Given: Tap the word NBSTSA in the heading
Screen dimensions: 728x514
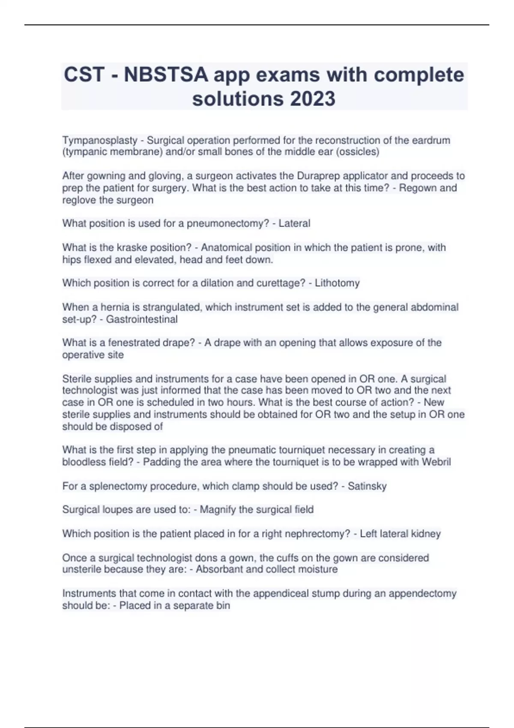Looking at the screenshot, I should (x=166, y=75).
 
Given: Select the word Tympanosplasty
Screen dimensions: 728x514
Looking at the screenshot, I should (x=100, y=140).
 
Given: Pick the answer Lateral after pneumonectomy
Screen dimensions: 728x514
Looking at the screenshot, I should (x=294, y=224).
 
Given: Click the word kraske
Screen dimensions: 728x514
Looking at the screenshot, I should (x=123, y=248).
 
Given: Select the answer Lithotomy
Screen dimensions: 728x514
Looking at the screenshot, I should (x=337, y=283).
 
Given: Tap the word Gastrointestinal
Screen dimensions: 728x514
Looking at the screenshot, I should (x=142, y=319).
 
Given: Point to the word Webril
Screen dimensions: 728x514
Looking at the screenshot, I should (x=436, y=462).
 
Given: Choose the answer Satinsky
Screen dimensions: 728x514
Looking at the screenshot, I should (x=367, y=486).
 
